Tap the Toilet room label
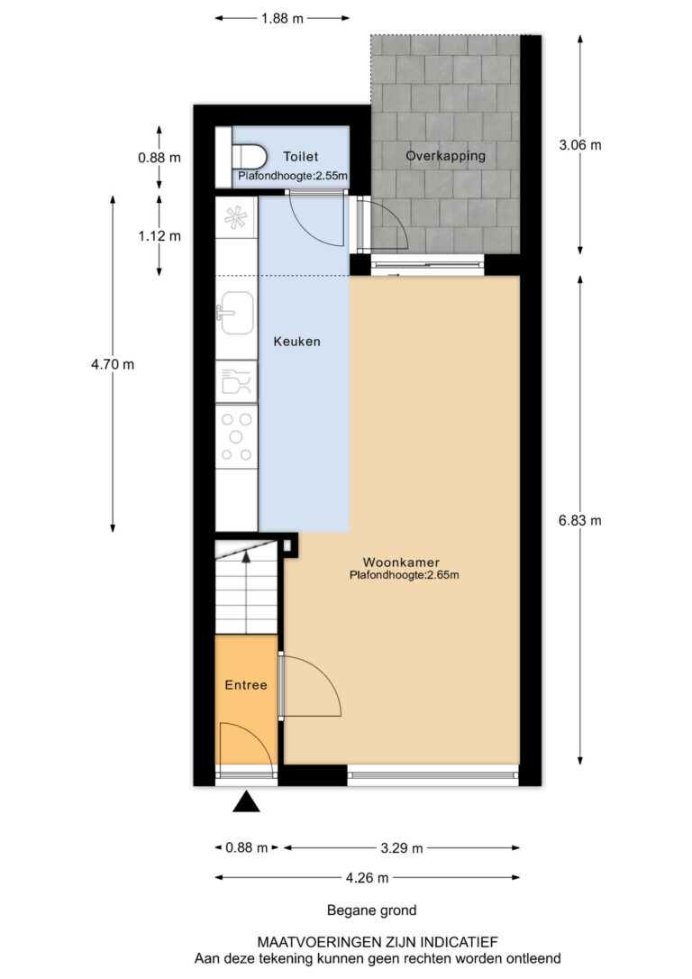(301, 157)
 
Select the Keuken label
(297, 342)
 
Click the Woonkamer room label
(401, 563)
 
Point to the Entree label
(246, 685)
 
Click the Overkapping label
(445, 156)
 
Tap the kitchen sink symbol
(235, 313)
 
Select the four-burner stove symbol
(236, 437)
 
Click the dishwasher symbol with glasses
(236, 380)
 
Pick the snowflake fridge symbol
(236, 217)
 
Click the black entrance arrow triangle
(247, 801)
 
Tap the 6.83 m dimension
(580, 520)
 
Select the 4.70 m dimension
(113, 364)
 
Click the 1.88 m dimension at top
(282, 19)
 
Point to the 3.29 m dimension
(402, 848)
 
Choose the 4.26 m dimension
(368, 878)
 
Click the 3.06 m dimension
(580, 145)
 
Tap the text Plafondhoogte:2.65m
(405, 575)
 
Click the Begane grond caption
(372, 910)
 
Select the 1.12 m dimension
(159, 236)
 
